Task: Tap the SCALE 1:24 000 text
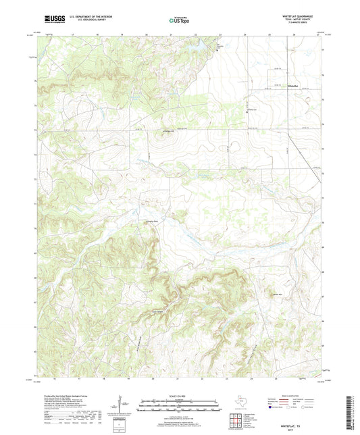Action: (x=179, y=395)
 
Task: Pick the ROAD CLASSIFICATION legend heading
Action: (x=297, y=395)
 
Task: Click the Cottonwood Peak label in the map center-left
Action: (x=151, y=220)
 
